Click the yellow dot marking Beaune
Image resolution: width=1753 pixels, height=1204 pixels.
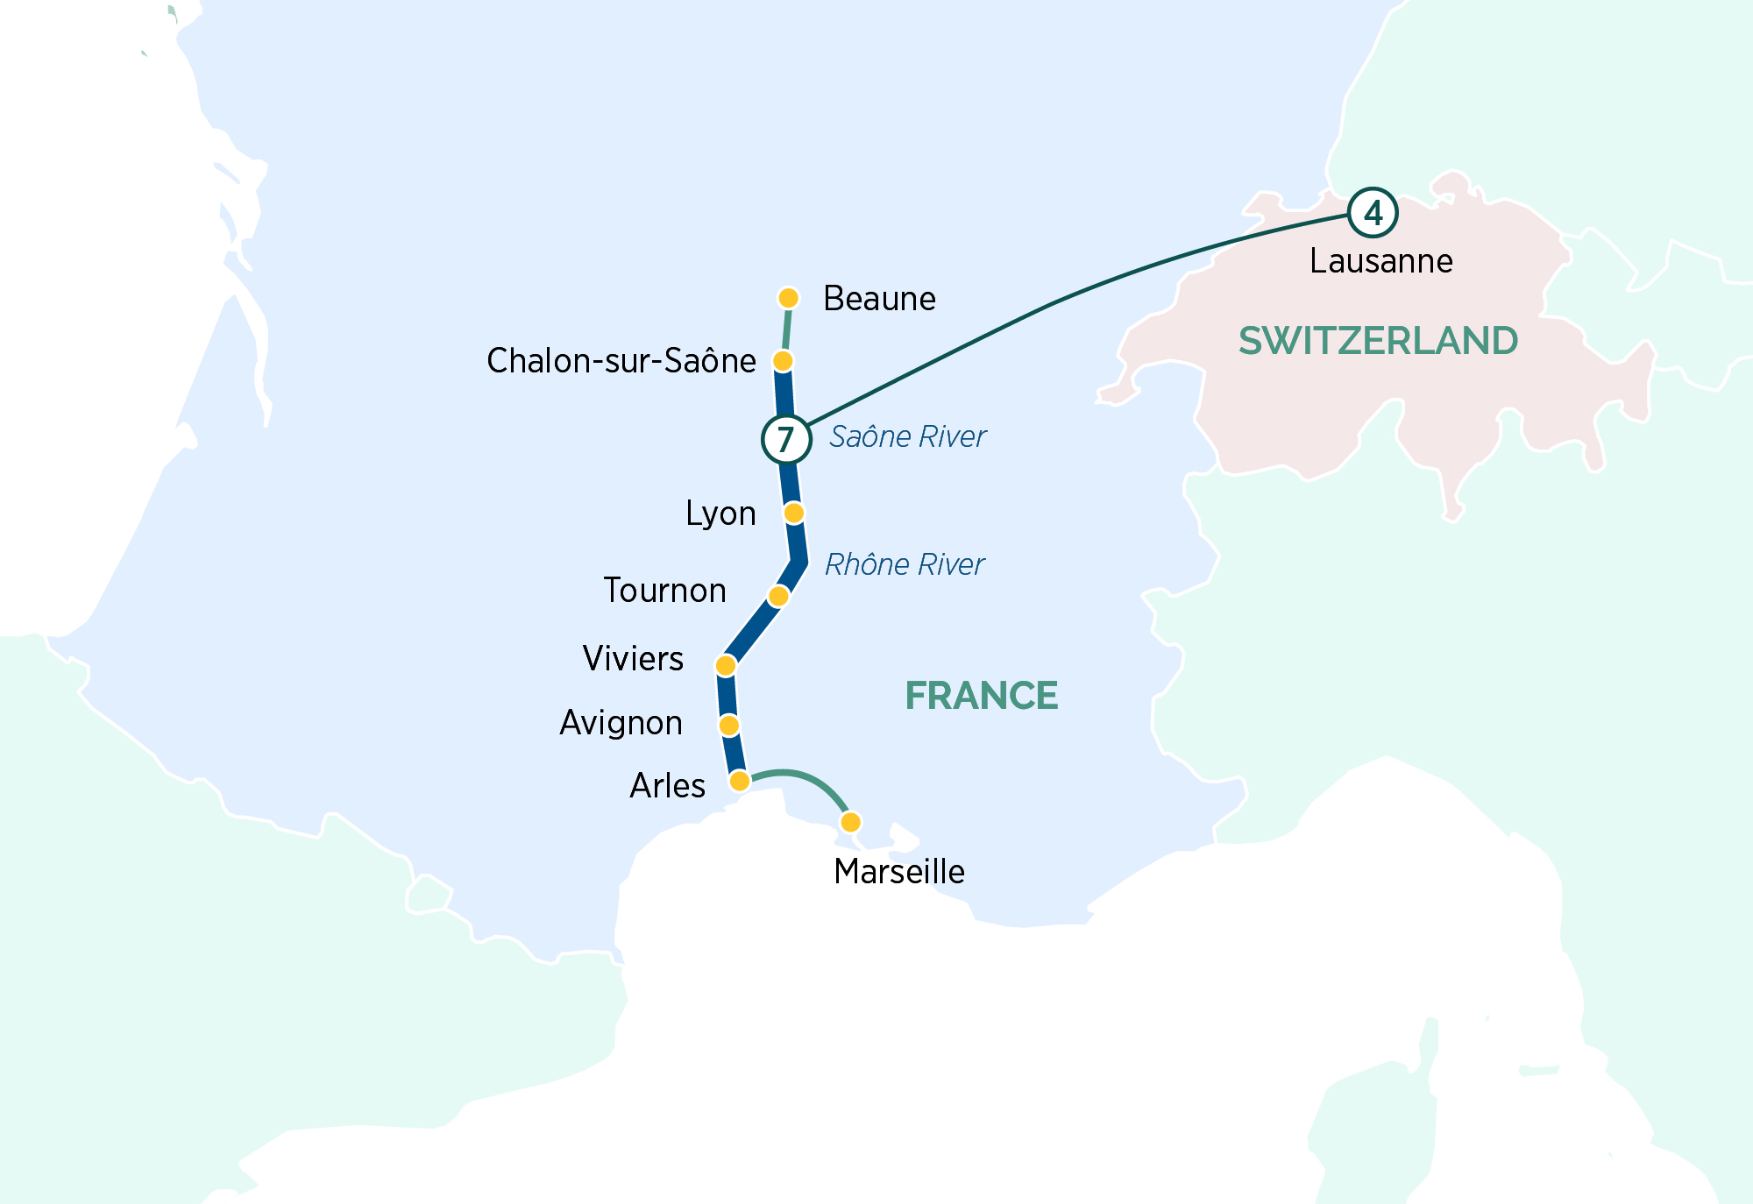click(788, 298)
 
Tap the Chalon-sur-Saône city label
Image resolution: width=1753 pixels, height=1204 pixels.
click(621, 360)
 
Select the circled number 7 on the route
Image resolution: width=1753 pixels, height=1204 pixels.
click(785, 439)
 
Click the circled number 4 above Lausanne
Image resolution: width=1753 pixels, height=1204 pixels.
click(1372, 213)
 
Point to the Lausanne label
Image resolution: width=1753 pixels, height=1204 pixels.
click(1380, 261)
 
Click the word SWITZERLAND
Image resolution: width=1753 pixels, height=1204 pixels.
click(1378, 341)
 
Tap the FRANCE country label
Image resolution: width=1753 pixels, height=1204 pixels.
click(981, 696)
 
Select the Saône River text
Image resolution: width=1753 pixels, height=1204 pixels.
click(907, 436)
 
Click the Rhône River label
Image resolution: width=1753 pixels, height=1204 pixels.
click(904, 564)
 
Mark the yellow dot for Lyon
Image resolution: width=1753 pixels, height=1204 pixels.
click(793, 513)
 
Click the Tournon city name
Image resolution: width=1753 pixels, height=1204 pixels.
click(664, 591)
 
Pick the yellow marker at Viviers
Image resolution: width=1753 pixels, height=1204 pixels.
click(726, 666)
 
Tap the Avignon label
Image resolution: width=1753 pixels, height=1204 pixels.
click(621, 723)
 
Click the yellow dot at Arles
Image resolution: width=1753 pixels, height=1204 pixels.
click(740, 781)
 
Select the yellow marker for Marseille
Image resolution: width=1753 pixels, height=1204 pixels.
click(850, 822)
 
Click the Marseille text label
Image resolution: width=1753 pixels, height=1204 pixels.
click(899, 872)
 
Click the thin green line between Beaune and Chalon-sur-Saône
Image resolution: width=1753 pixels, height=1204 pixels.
click(786, 330)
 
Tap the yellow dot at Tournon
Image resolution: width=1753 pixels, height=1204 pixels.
click(778, 597)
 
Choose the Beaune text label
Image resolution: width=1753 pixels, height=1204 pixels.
click(879, 299)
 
